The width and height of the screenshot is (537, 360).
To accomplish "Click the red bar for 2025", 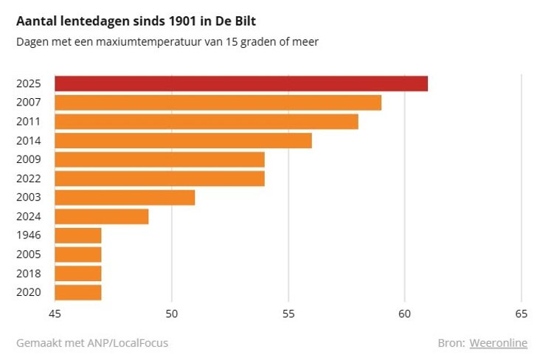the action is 241,83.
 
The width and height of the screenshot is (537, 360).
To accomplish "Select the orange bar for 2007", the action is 218,103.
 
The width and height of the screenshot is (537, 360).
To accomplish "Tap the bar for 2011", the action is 207,122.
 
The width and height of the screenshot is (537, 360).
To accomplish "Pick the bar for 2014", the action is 183,140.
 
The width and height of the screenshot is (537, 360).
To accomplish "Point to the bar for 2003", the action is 125,198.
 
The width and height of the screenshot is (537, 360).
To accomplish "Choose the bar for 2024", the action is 102,216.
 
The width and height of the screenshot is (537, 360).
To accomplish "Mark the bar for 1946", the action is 78,235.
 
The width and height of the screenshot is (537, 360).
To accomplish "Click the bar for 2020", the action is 78,293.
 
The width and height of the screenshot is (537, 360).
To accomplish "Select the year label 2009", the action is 29,159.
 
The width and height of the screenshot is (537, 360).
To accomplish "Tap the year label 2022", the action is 29,179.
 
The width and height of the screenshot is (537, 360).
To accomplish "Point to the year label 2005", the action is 29,255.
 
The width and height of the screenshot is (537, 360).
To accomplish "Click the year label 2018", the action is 29,274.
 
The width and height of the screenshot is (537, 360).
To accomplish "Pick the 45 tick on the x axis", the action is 55,314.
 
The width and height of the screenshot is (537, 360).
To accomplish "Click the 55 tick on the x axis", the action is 288,314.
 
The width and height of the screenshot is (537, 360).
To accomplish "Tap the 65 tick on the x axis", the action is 522,314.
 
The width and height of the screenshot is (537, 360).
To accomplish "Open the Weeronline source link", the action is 499,343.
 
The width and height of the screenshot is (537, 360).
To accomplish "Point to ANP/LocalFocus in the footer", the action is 128,343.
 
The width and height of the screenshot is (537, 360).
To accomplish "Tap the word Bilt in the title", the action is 245,21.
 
